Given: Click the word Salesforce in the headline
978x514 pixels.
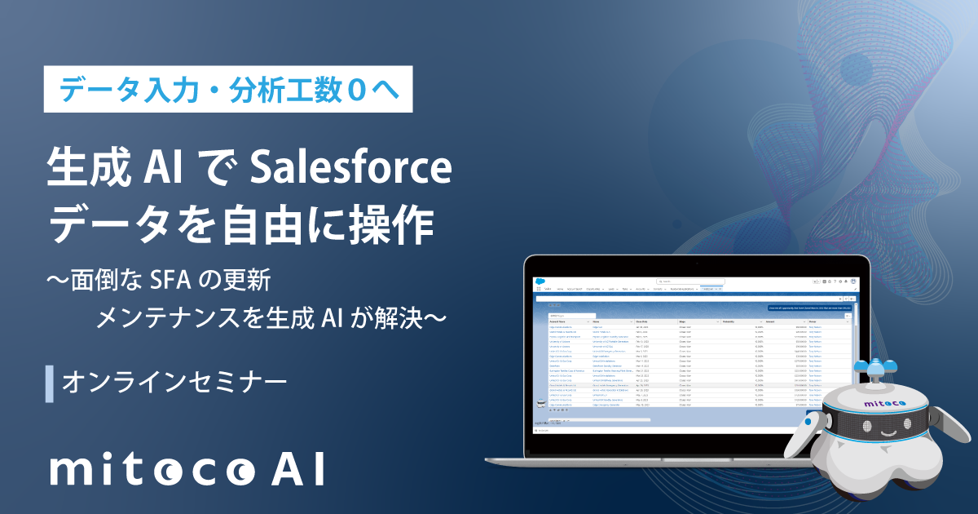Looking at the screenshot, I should (350, 171).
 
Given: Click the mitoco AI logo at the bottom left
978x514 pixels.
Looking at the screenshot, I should (187, 470).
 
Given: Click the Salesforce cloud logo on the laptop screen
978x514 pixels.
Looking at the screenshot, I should (540, 282).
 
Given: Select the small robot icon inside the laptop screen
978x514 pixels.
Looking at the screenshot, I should (539, 403).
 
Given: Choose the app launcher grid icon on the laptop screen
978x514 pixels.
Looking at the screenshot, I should (539, 289).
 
